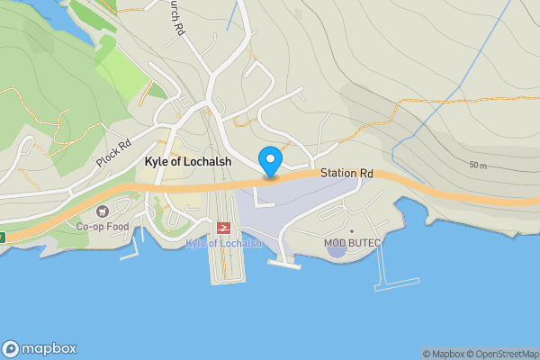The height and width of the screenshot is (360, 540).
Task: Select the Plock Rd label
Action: [x=113, y=155]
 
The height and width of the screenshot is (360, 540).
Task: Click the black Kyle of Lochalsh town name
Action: [x=188, y=162]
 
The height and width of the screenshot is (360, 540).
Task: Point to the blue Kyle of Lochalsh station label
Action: [x=223, y=244]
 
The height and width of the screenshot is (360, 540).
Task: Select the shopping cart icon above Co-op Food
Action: [x=101, y=211]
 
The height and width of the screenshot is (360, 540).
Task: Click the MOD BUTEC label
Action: [x=352, y=243]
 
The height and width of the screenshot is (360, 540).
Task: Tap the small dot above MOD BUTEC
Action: [x=352, y=231]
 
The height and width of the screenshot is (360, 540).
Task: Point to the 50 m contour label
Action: [x=478, y=166]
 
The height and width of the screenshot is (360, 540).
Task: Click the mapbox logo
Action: [x=40, y=349]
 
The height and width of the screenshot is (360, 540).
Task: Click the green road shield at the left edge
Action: [x=2, y=238]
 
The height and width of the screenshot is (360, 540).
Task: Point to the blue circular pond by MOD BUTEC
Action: [x=337, y=248]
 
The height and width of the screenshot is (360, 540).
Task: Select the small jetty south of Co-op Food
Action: [x=130, y=253]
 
